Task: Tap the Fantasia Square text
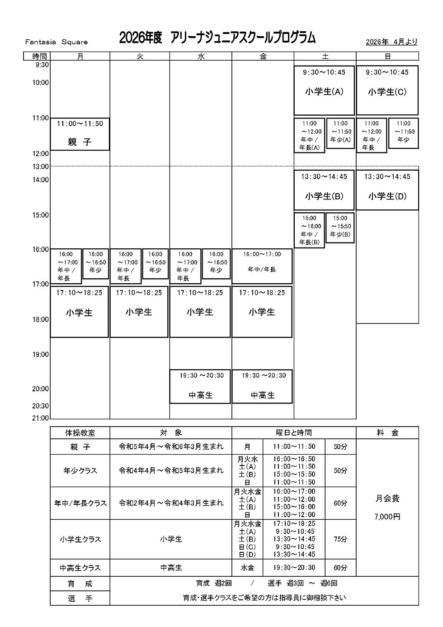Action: [57, 42]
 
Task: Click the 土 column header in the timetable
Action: [325, 57]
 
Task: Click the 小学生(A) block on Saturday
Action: [324, 90]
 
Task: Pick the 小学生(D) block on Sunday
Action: [387, 190]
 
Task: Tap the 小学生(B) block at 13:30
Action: [324, 190]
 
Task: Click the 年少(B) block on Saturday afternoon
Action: [340, 228]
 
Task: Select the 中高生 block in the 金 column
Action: [262, 387]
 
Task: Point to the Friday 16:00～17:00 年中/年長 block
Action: [262, 266]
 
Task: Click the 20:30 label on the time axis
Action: [40, 406]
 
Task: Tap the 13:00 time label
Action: [40, 166]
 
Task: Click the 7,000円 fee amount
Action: [387, 517]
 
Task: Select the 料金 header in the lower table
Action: [387, 433]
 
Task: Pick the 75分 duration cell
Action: [340, 539]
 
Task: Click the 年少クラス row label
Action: [80, 470]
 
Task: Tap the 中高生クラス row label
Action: [80, 568]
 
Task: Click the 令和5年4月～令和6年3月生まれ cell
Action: [171, 446]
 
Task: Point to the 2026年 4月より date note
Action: [391, 42]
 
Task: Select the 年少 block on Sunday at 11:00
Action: [403, 133]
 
